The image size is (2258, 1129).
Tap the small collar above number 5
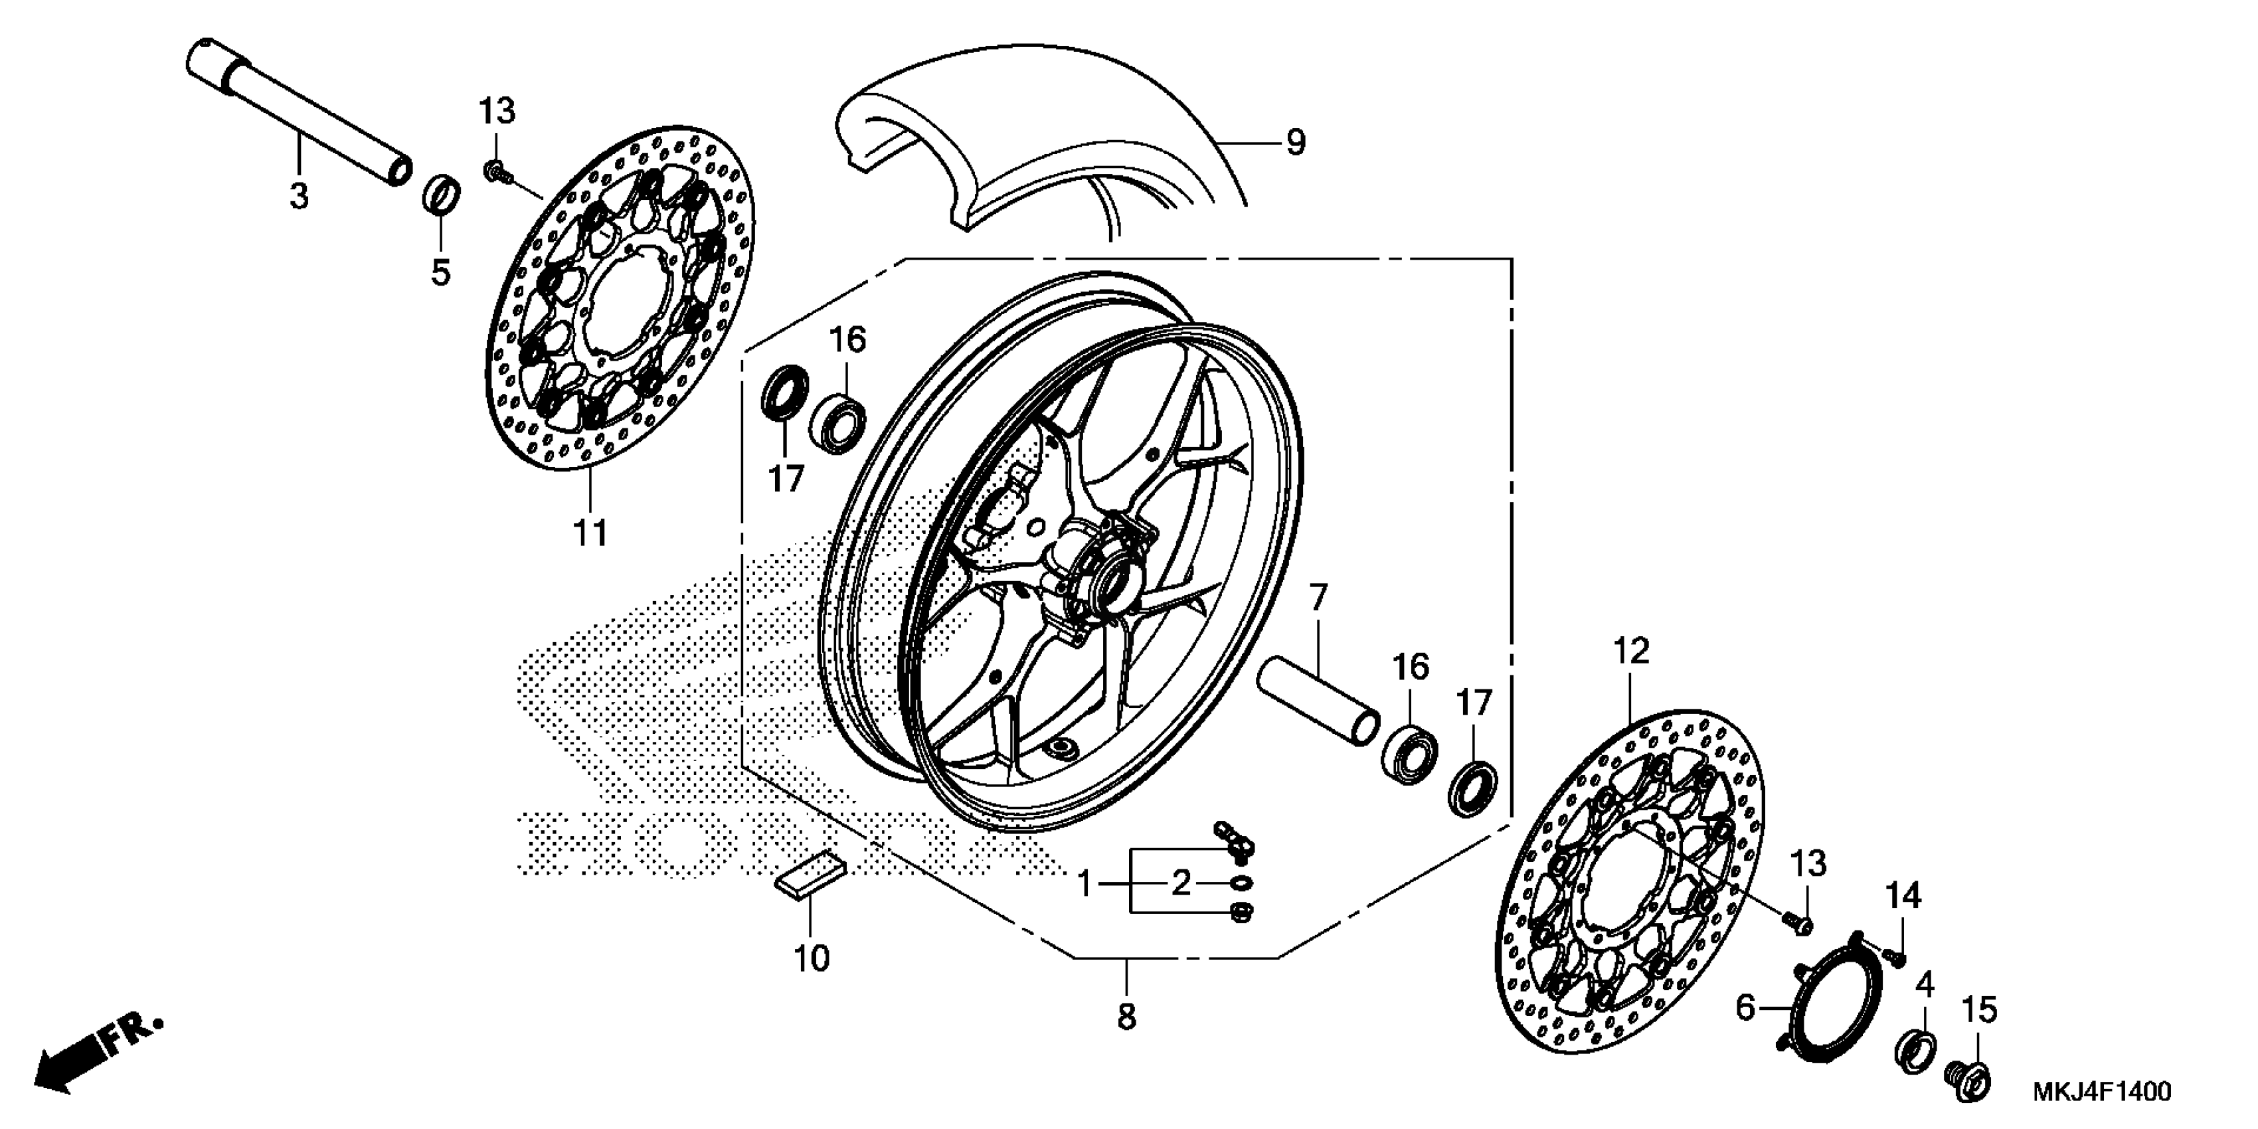442,195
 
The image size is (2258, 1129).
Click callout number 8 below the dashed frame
1126,1017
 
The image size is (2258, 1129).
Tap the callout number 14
1903,896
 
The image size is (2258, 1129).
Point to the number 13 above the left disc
496,112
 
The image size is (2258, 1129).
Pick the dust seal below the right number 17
1472,789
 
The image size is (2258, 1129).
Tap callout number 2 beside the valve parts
1181,883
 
